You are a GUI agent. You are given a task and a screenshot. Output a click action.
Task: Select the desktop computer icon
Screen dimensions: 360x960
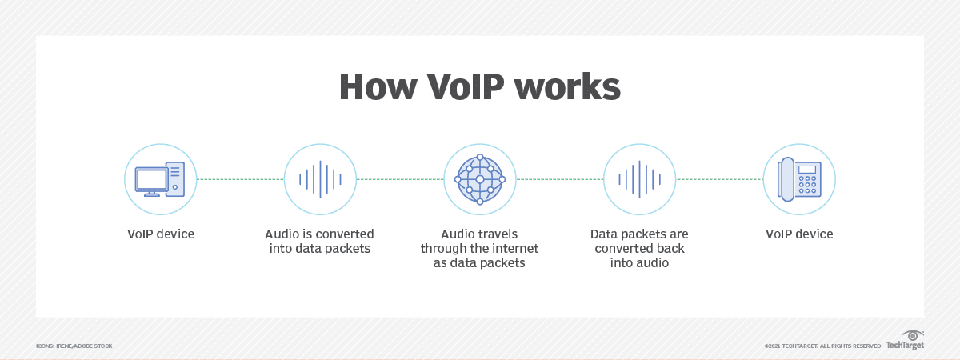pos(160,179)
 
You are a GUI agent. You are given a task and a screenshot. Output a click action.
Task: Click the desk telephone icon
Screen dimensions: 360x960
pos(799,179)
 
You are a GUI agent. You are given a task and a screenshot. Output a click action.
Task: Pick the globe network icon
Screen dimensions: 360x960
pos(480,179)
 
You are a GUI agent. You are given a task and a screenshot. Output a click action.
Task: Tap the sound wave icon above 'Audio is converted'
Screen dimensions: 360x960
pos(320,179)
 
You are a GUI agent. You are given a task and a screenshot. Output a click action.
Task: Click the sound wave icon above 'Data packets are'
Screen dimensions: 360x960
pos(640,179)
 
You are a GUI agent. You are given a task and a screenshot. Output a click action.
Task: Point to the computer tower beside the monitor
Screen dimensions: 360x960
pos(175,177)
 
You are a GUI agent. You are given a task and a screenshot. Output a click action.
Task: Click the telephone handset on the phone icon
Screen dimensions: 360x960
pos(787,179)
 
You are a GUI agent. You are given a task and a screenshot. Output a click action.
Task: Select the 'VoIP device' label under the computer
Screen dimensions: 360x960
pos(160,234)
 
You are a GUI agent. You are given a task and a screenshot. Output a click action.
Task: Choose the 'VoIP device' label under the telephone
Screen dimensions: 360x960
pos(799,234)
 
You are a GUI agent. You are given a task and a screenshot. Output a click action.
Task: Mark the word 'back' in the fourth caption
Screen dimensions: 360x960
pos(670,248)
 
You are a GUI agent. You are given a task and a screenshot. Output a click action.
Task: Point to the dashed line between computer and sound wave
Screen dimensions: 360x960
pos(240,179)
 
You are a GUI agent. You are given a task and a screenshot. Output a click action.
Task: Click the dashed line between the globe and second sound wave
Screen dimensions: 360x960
pos(560,179)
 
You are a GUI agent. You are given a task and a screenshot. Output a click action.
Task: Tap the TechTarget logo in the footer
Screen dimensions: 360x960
pos(905,342)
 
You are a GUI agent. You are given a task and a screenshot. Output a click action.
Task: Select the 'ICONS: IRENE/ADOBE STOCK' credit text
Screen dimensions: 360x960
pos(74,346)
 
